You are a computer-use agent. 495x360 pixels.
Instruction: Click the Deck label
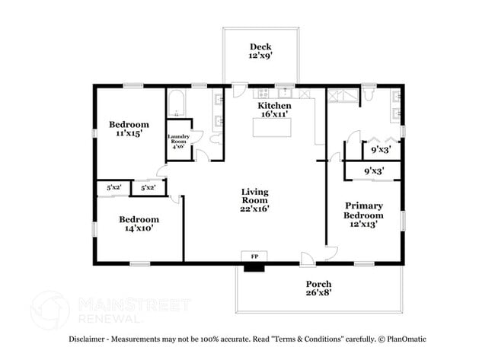tap(260, 47)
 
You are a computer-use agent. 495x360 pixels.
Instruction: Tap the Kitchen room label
tap(274, 106)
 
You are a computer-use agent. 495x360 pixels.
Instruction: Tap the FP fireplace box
tap(253, 256)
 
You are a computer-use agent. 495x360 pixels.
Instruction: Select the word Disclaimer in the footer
tap(89, 339)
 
